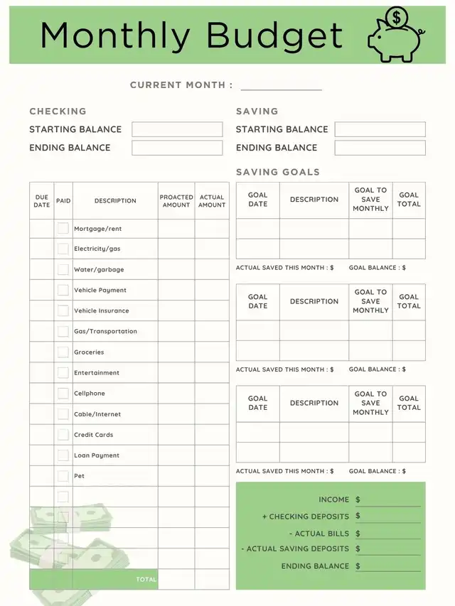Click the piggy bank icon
pos(393,44)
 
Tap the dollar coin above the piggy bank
pos(396,17)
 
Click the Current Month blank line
pos(281,86)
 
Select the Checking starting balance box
pos(177,129)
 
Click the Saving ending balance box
pos(380,148)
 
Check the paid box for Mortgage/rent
pos(63,229)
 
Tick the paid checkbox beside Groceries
pos(63,352)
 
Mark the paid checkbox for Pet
pos(63,475)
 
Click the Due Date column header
pos(42,201)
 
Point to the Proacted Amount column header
pos(176,201)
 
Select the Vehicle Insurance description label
pos(102,311)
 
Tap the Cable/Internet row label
pos(97,414)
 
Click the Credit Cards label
pos(93,435)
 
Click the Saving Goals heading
pos(278,172)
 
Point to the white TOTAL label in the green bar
pos(146,580)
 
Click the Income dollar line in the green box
pos(392,500)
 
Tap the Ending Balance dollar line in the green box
pos(392,566)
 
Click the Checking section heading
pos(58,112)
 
